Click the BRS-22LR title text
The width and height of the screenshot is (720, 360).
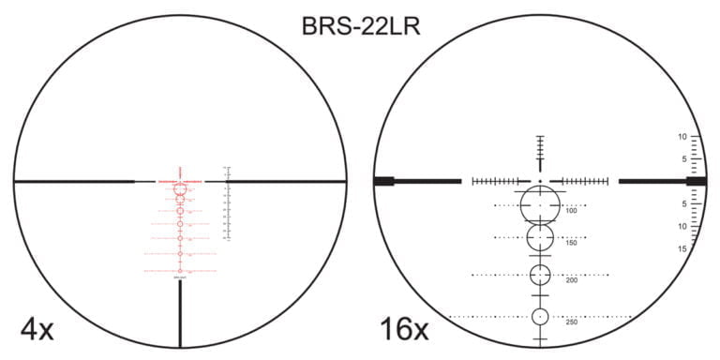[x=360, y=25]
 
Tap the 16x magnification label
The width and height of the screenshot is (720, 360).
[x=404, y=329]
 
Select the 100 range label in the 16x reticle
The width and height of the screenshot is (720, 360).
[x=572, y=211]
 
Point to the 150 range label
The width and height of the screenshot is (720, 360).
[x=572, y=244]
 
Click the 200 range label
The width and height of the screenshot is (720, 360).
[x=572, y=280]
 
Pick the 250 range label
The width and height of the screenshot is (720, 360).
[x=572, y=322]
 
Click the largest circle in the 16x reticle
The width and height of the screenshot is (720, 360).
[x=540, y=203]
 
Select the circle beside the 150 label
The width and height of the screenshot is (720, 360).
[x=540, y=238]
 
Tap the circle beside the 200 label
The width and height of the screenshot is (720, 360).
[x=540, y=275]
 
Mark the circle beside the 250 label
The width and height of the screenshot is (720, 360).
[x=540, y=317]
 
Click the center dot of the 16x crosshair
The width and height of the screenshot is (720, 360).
[x=540, y=180]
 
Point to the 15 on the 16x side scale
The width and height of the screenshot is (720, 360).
[x=682, y=248]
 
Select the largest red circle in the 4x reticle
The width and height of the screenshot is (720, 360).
[x=180, y=189]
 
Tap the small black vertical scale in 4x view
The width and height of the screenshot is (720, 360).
[x=226, y=202]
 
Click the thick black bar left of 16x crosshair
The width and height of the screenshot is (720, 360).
[x=417, y=180]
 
